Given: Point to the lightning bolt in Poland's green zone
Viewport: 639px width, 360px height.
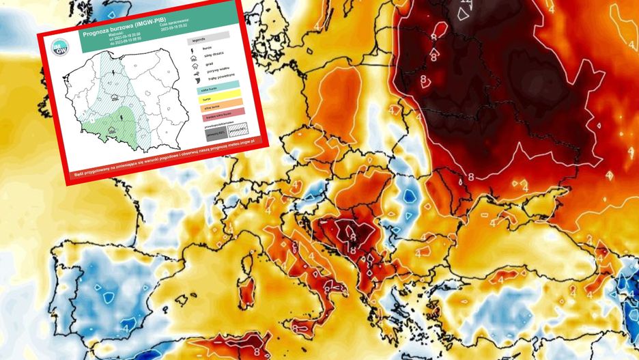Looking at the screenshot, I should [122, 117].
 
